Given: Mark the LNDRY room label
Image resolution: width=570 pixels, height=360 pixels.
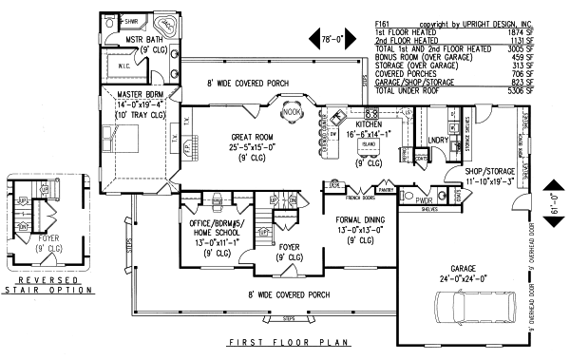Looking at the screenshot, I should pyautogui.click(x=437, y=140).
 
